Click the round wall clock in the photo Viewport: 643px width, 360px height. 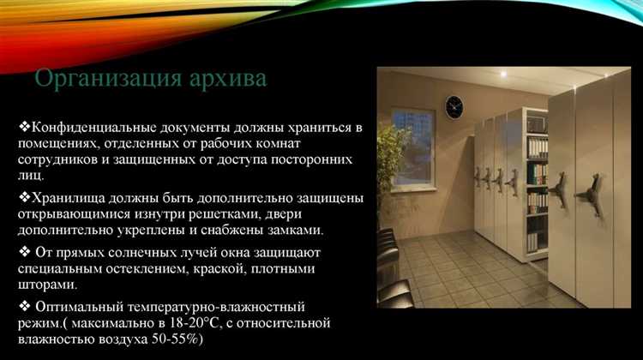[454, 106]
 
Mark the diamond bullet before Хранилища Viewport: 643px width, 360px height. [23, 198]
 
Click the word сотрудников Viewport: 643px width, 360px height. [56, 159]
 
